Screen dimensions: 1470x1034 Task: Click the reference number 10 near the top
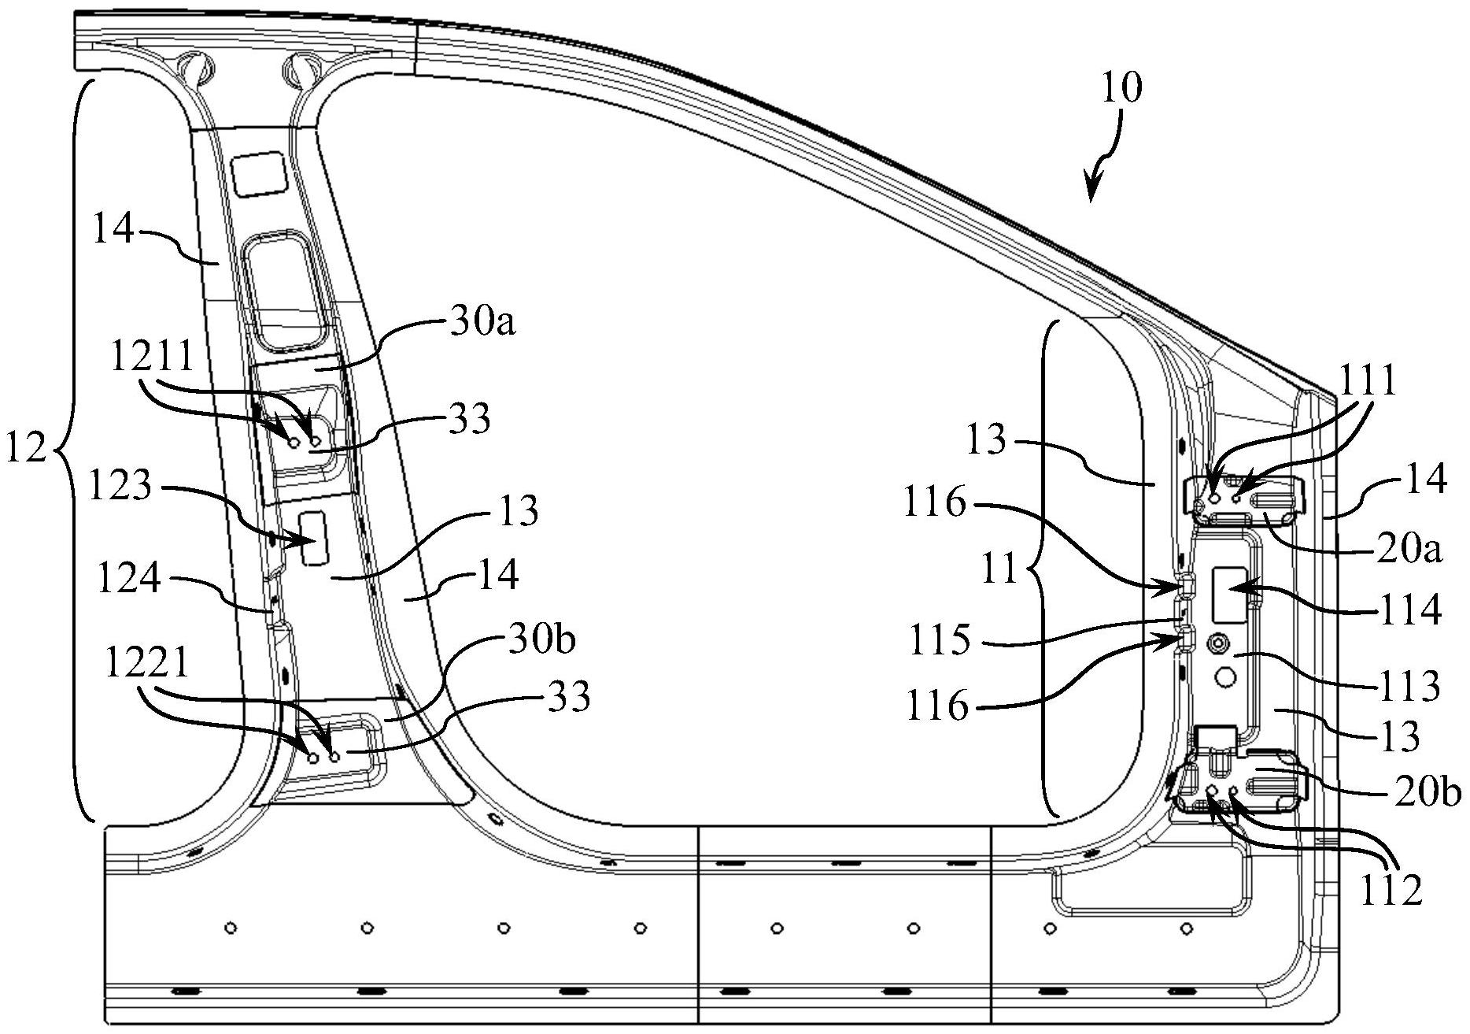tap(1121, 88)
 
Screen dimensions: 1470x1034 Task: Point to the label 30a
tap(483, 322)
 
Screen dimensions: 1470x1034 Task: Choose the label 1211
tap(152, 357)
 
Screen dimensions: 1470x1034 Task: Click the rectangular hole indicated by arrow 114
tap(1228, 593)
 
